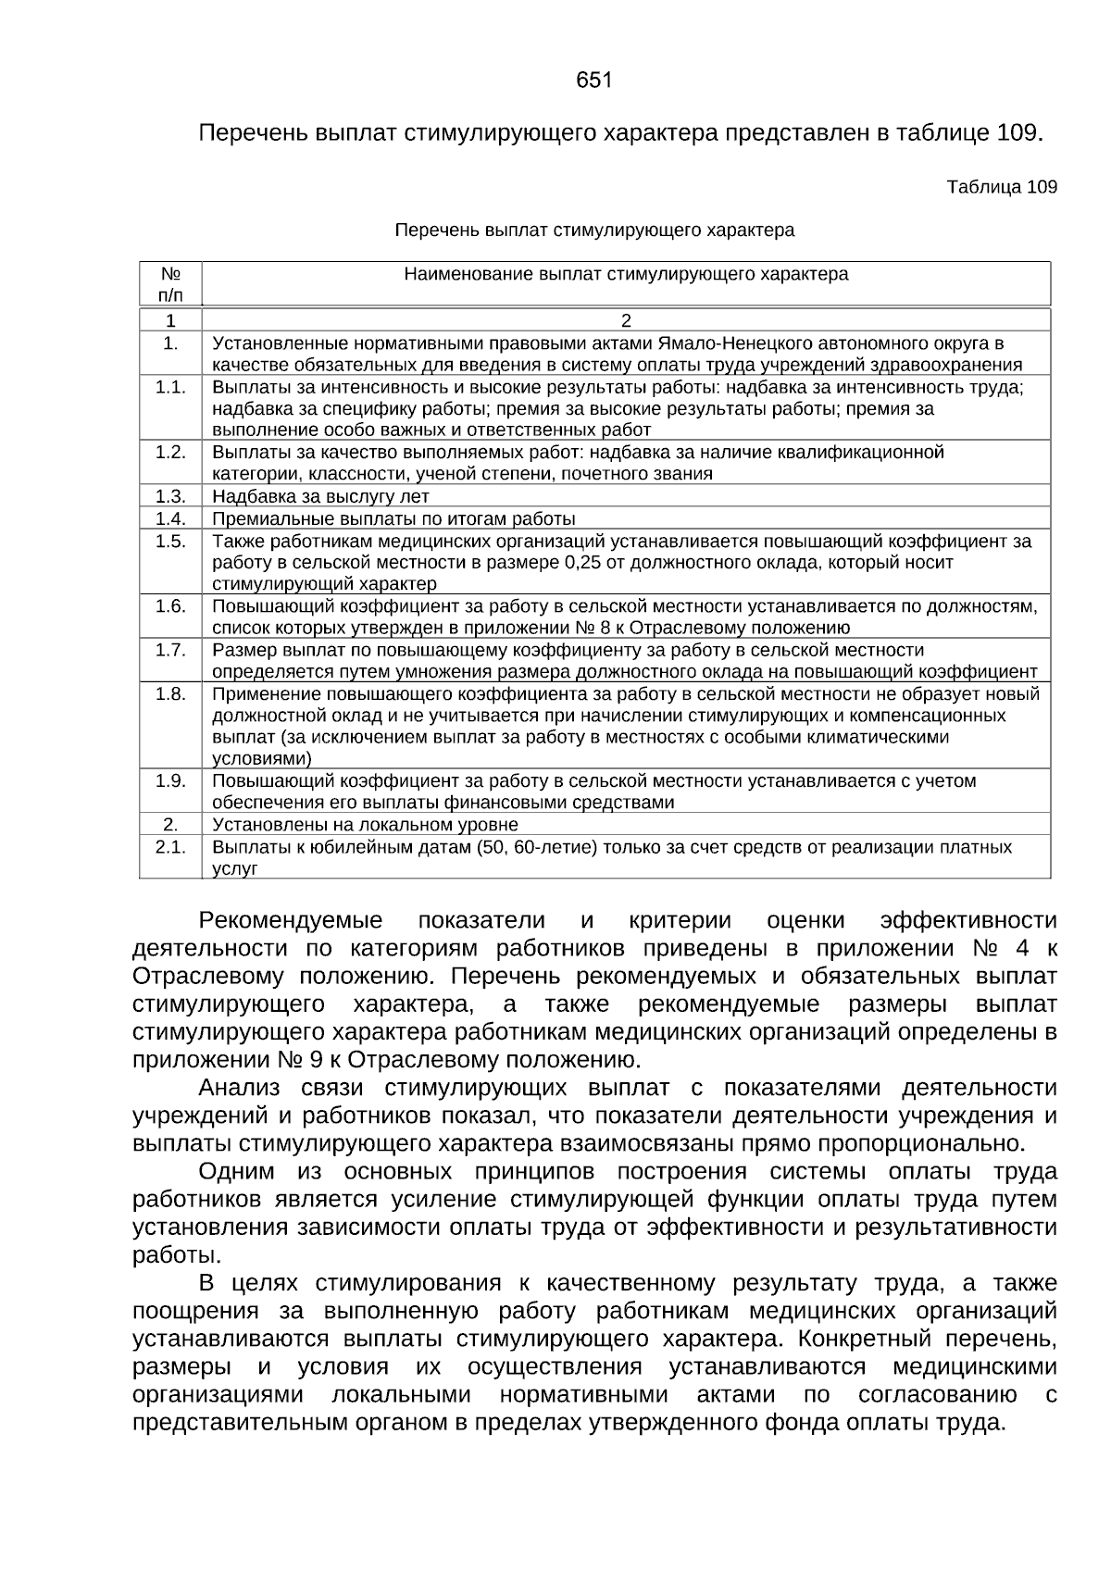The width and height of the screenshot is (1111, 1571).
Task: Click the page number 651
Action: pos(593,81)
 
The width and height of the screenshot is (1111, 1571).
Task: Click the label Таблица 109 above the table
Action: pos(1001,187)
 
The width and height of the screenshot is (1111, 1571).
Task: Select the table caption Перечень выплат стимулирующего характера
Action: pos(594,230)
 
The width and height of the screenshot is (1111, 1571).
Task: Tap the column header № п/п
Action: pos(170,284)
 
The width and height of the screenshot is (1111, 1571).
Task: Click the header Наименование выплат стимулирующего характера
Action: pos(626,275)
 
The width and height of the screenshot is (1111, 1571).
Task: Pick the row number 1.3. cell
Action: pos(170,495)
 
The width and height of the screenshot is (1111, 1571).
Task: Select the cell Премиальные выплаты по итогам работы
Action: pos(393,518)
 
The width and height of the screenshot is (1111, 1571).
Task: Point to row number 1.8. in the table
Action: pos(170,694)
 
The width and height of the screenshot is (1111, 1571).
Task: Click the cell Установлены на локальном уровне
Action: pos(365,824)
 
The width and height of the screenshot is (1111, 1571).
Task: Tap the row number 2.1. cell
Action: pos(170,847)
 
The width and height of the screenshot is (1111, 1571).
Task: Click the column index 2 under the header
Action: pos(626,320)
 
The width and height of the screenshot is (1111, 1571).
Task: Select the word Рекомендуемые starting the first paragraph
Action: pos(290,921)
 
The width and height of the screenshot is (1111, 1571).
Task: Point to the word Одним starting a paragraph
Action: pos(236,1171)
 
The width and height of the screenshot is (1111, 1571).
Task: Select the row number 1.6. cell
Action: pos(170,606)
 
